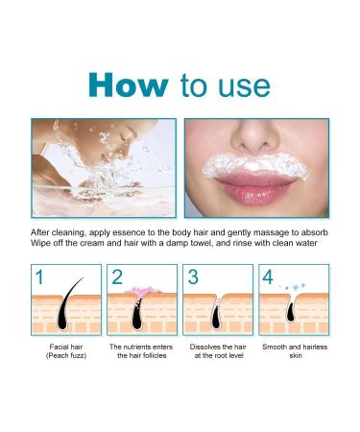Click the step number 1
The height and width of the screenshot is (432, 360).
[39, 279]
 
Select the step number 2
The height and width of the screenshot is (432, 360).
[117, 279]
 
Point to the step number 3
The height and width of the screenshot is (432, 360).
[192, 279]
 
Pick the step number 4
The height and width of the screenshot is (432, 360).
[269, 279]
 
